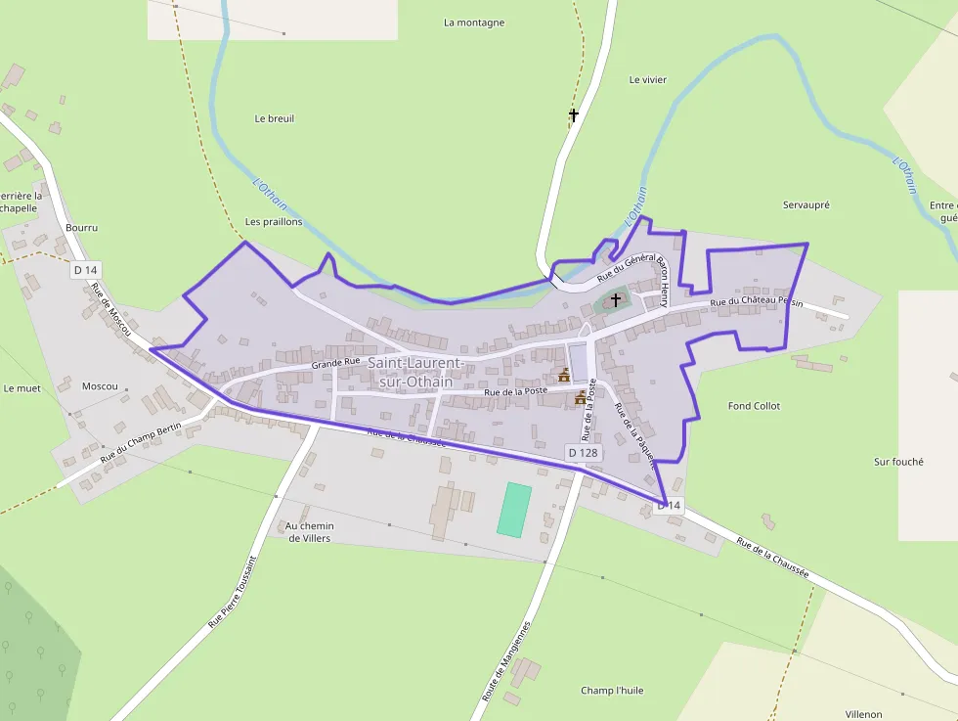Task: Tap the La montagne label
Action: point(474,23)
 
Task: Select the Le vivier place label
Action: point(647,80)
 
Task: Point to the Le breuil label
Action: point(274,118)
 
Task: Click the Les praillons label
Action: point(274,222)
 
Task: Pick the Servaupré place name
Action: point(806,205)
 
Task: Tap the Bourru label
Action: point(81,227)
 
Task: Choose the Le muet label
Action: point(22,388)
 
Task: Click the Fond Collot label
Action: point(754,406)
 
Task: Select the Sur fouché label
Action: point(898,462)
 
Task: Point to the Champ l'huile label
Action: point(612,690)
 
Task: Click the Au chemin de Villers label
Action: point(310,532)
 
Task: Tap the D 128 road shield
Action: point(584,453)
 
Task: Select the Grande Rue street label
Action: point(336,363)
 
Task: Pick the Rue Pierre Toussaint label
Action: point(233,592)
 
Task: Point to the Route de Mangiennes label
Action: point(505,661)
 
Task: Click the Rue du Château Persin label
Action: point(756,303)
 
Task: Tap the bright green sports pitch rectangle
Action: point(513,509)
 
